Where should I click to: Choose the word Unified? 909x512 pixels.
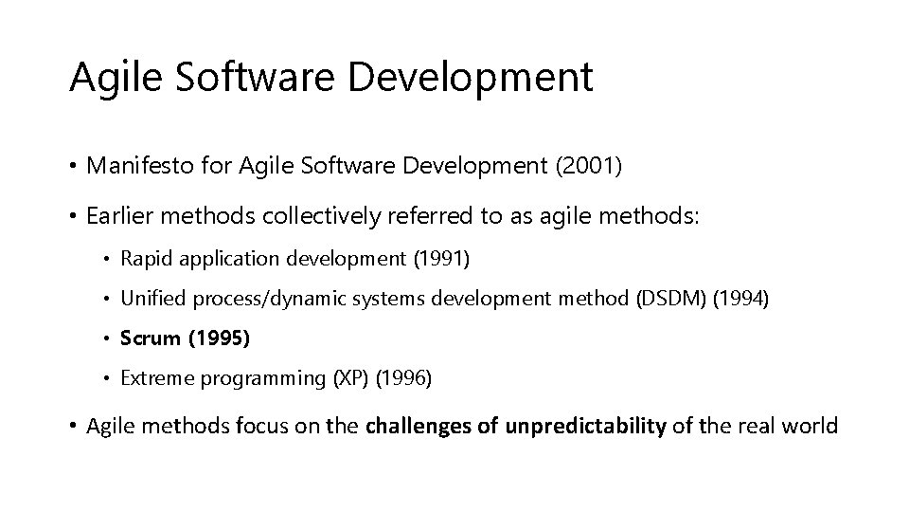pyautogui.click(x=153, y=300)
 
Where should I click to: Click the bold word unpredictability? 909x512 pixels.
pyautogui.click(x=586, y=427)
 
